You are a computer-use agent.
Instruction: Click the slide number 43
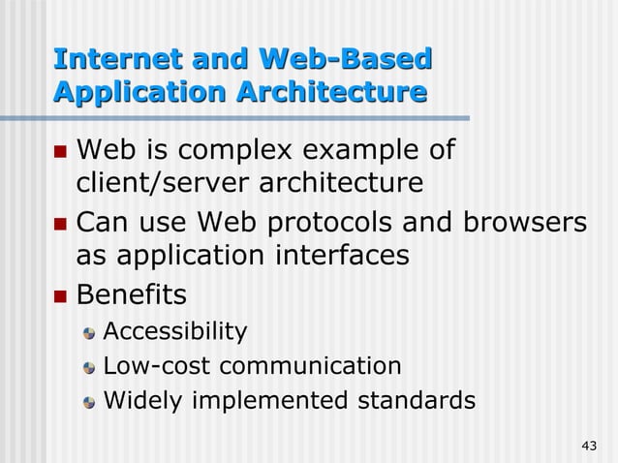coord(588,446)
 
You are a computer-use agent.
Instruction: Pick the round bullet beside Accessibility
coord(90,334)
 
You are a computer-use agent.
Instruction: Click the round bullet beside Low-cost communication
coord(90,367)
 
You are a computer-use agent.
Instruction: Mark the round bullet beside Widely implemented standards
coord(90,400)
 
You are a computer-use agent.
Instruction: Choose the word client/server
coord(166,183)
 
